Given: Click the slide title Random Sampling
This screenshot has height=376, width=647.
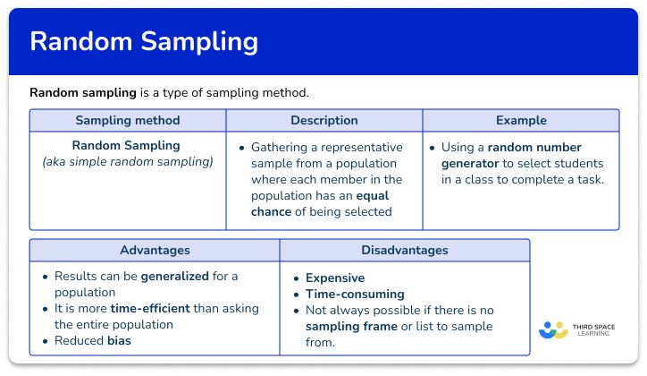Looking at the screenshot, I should click(x=144, y=42).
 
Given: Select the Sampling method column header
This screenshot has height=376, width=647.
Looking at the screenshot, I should click(x=127, y=120).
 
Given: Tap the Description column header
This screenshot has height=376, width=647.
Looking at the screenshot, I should click(x=323, y=120).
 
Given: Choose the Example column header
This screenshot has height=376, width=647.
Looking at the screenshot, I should click(x=521, y=120).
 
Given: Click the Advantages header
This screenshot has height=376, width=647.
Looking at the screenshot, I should click(x=154, y=251).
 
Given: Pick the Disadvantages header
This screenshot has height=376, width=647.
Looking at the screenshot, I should click(x=404, y=251).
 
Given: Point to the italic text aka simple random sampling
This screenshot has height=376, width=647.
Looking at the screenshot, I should click(x=128, y=162).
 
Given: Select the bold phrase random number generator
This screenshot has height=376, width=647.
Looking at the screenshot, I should click(x=511, y=155).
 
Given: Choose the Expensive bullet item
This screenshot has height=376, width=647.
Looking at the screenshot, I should click(x=335, y=278).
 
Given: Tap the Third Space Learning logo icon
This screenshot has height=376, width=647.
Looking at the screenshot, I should click(x=552, y=330).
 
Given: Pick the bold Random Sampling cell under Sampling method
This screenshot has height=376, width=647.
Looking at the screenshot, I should click(x=126, y=145).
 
